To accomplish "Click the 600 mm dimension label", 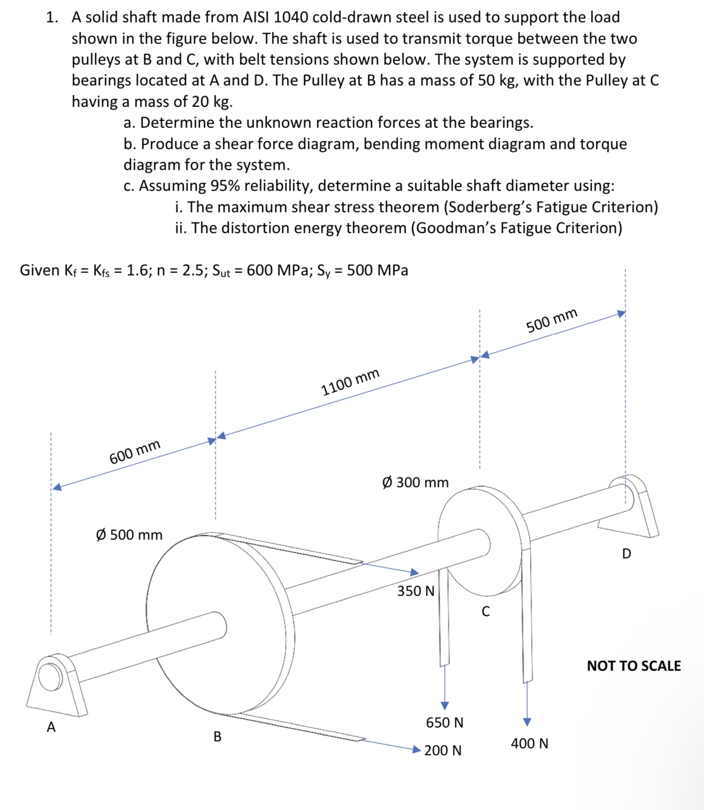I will click(135, 452).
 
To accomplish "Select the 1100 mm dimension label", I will click(350, 381).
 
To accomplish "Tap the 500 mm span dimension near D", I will click(552, 320).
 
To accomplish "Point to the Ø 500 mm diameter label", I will click(129, 534).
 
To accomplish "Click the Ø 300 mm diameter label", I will click(415, 482).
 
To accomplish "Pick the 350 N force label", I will click(415, 591).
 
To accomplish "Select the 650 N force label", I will click(444, 722).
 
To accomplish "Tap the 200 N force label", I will click(443, 750).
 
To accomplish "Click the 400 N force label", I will click(529, 743).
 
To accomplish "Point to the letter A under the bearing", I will click(51, 727).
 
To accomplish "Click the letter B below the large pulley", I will click(218, 736).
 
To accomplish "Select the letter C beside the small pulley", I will click(485, 611).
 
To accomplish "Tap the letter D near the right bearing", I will click(626, 553).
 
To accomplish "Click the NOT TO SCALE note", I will click(633, 666).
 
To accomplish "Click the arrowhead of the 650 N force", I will click(444, 706).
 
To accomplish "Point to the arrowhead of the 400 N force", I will click(527, 722).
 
